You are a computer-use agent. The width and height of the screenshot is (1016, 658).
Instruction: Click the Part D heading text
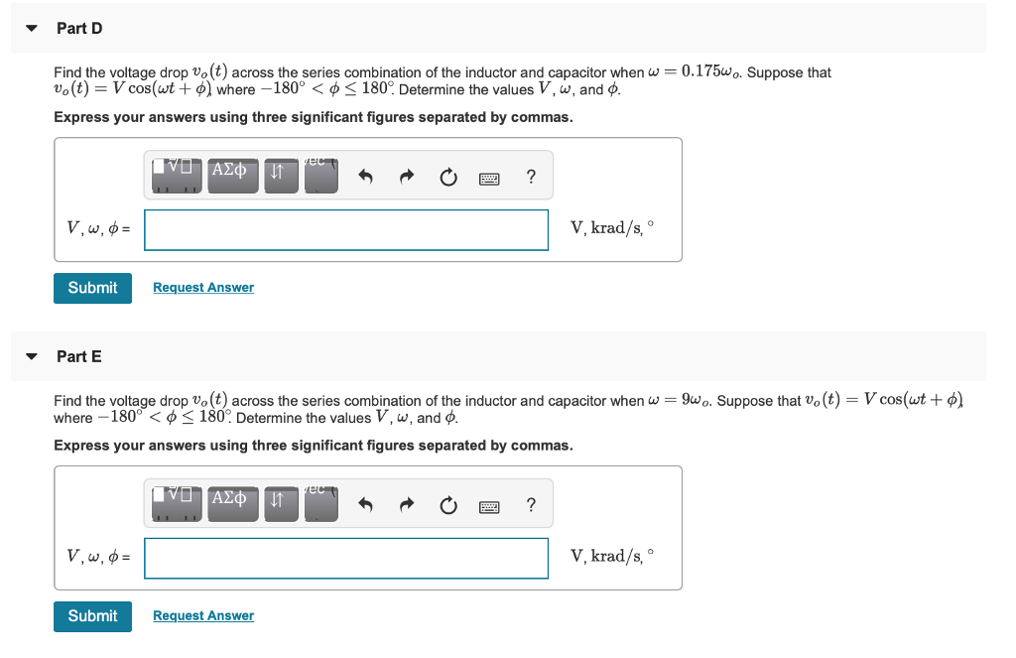coord(79,29)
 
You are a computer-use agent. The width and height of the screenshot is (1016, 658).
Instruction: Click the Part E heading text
coord(79,356)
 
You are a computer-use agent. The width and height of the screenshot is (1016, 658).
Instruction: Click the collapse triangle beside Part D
coord(32,29)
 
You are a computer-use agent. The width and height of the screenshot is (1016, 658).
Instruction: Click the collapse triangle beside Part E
coord(32,356)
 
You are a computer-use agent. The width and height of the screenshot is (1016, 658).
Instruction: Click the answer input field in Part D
coord(346,229)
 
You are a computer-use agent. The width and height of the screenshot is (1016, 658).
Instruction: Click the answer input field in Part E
coord(346,558)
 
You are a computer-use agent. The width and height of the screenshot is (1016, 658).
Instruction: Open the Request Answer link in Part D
coord(203,288)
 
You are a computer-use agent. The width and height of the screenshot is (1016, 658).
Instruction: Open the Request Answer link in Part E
coord(203,616)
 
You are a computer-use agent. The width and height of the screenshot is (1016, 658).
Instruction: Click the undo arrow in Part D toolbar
coord(366,178)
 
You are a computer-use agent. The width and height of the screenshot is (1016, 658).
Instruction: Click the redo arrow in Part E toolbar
coord(407,506)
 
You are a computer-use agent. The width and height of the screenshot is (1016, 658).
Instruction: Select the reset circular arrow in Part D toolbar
coord(447,178)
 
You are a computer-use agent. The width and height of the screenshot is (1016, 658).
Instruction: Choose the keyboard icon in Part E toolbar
coord(489,507)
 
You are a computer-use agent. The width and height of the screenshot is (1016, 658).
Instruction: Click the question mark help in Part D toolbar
coord(531,178)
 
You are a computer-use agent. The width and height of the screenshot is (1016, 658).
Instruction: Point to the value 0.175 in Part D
coord(701,71)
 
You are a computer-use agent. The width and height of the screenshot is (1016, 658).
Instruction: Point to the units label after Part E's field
coord(611,556)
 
